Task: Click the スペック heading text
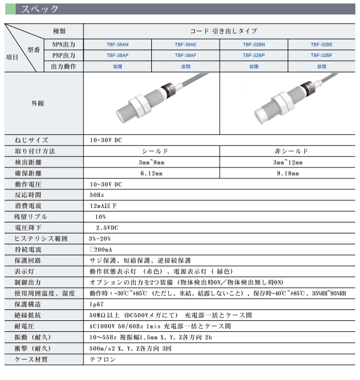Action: (x=39, y=9)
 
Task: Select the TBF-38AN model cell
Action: (x=118, y=44)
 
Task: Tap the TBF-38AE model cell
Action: (x=186, y=44)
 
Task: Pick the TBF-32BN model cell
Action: (x=253, y=44)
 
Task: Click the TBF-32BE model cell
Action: (x=321, y=44)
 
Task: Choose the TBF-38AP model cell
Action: (x=118, y=56)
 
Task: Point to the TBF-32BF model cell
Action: (x=321, y=56)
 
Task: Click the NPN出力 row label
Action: (x=64, y=44)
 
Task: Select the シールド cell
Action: (x=152, y=151)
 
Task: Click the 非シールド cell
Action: (x=288, y=151)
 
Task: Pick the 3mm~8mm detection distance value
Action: (x=152, y=162)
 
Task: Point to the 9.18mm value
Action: (x=288, y=173)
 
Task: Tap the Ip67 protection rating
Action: (x=96, y=305)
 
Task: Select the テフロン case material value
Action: (x=102, y=360)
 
